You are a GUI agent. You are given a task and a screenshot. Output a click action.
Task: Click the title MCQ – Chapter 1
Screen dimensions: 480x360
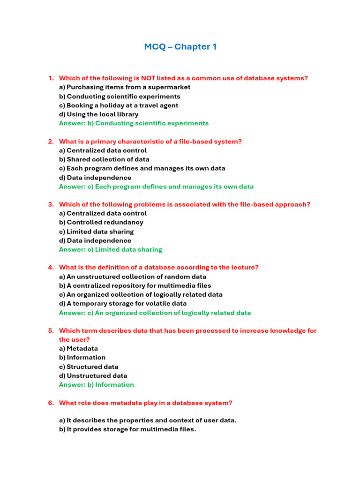(180, 47)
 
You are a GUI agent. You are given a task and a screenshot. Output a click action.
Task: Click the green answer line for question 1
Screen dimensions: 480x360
(134, 123)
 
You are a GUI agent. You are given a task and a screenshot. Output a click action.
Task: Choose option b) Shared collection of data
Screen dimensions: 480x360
(104, 159)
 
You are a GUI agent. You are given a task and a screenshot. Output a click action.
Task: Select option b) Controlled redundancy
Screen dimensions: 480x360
(101, 222)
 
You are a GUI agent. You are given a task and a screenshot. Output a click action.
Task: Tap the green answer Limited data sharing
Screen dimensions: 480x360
(111, 249)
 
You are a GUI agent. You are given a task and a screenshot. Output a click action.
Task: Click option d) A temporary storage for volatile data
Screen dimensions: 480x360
(123, 303)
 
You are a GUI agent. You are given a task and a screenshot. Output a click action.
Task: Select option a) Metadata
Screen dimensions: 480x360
(78, 348)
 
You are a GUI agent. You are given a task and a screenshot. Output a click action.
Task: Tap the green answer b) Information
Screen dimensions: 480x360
(97, 384)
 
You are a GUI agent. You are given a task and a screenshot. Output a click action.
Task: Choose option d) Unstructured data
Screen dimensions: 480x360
(93, 375)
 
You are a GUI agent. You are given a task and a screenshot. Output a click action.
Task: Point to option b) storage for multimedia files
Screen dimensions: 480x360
(127, 429)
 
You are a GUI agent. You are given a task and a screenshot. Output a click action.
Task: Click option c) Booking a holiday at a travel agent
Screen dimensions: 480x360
(119, 105)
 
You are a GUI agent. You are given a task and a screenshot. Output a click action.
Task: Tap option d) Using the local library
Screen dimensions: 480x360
(98, 114)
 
